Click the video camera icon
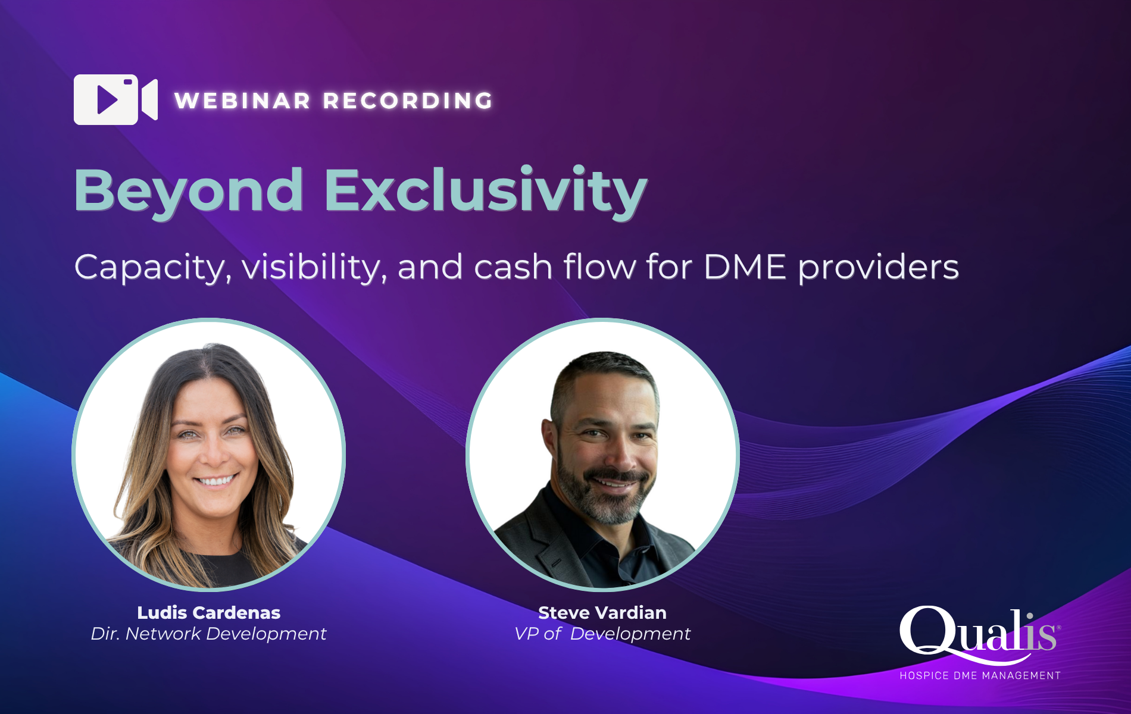(115, 99)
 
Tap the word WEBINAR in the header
(243, 101)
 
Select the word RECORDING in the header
(408, 101)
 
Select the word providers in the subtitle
(879, 267)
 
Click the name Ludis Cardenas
(209, 612)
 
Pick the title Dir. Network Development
(208, 634)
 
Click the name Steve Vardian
(602, 612)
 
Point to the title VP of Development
(602, 634)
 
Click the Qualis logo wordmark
(980, 634)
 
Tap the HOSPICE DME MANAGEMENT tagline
(980, 675)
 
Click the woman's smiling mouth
(215, 480)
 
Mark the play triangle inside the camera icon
(108, 99)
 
